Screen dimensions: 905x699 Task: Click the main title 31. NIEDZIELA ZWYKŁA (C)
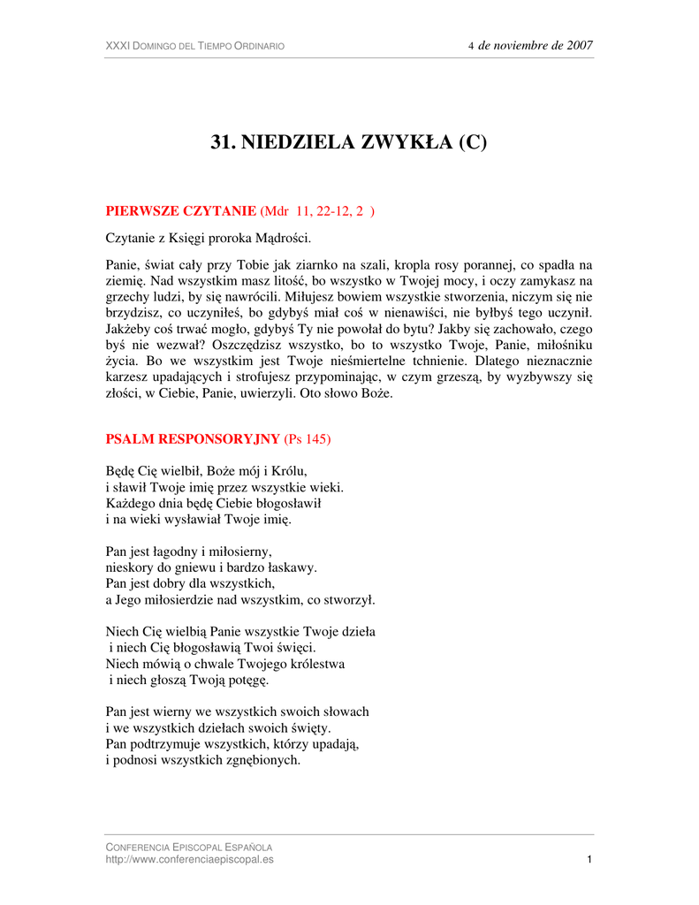349,143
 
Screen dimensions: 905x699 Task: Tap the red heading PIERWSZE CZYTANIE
181,211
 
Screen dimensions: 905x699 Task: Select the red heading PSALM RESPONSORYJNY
193,439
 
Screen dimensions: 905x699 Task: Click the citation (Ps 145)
308,439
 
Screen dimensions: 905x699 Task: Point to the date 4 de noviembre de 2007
530,45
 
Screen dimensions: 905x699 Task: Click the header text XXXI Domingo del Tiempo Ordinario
195,46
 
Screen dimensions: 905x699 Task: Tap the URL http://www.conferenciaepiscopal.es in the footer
190,860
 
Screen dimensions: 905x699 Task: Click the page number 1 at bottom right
589,860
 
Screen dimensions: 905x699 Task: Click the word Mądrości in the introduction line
280,239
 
